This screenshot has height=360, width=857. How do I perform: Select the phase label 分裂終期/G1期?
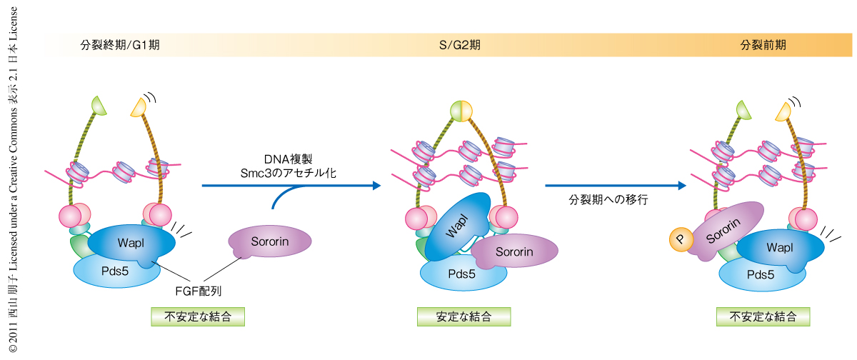coord(120,44)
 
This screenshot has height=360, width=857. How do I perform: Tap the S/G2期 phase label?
coord(459,44)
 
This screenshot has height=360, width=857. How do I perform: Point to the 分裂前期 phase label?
coord(763,44)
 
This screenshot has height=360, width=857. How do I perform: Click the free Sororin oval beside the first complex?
coord(270,241)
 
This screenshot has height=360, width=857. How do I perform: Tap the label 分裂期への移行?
coord(608,200)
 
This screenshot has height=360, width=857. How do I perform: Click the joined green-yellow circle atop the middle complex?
coord(462,111)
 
